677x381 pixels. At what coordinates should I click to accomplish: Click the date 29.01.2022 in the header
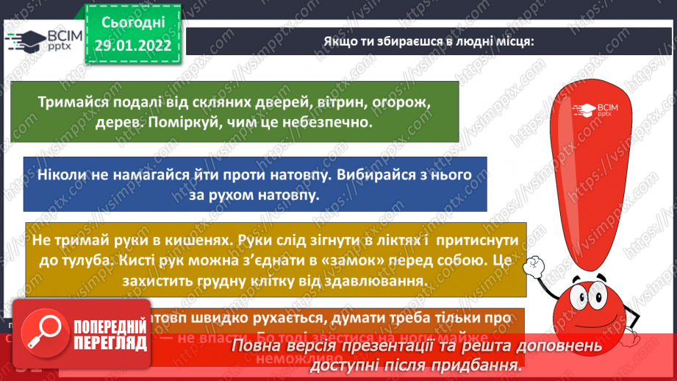(133, 44)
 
